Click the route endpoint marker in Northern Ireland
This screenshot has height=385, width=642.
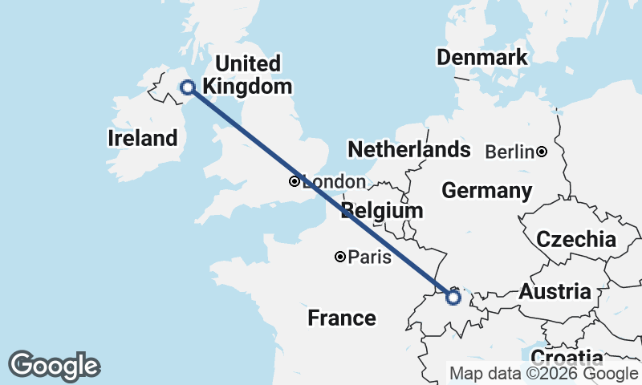188,87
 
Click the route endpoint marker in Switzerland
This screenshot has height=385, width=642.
453,298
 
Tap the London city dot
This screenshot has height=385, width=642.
295,181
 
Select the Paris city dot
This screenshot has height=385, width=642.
340,257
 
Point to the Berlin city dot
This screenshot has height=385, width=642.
542,152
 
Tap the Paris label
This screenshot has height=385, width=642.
371,257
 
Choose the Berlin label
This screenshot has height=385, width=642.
510,152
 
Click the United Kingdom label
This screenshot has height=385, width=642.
248,75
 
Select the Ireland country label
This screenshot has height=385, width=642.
142,138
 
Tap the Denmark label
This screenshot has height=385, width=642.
481,57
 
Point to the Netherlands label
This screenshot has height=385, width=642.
408,149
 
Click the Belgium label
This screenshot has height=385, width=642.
382,211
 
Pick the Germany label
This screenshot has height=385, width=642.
486,191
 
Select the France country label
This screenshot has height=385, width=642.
341,318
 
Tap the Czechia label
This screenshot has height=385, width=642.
575,239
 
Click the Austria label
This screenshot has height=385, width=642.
555,292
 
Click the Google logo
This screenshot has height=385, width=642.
54,366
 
